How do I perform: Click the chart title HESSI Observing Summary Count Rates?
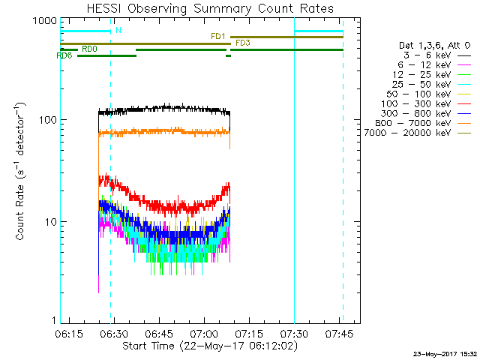pyautogui.click(x=210, y=9)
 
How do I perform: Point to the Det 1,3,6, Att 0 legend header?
pyautogui.click(x=434, y=46)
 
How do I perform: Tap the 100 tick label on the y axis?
pyautogui.click(x=46, y=120)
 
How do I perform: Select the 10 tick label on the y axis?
pyautogui.click(x=49, y=222)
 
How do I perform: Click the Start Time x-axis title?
pyautogui.click(x=210, y=346)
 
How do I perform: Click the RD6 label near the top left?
pyautogui.click(x=65, y=56)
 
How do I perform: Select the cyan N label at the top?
pyautogui.click(x=118, y=31)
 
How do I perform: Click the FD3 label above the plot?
pyautogui.click(x=243, y=43)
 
